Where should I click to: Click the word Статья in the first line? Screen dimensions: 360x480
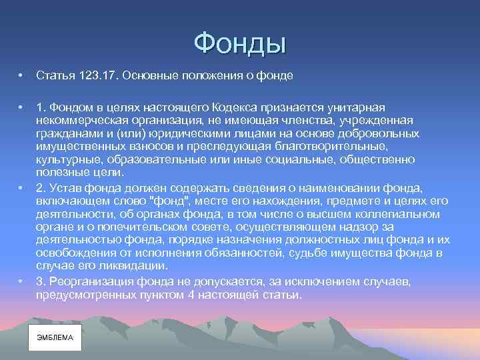(54, 76)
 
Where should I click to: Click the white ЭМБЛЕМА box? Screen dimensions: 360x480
(55, 337)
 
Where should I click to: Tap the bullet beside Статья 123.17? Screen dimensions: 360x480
(22, 76)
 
